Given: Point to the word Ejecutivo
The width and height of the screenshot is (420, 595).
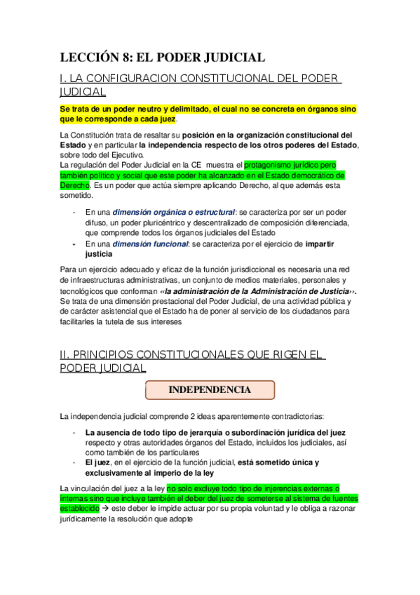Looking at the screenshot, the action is click(126, 155).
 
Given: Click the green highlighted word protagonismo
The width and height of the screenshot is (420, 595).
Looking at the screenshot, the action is click(276, 165).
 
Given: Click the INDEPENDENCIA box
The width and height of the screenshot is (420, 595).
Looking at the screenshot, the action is click(210, 389).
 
